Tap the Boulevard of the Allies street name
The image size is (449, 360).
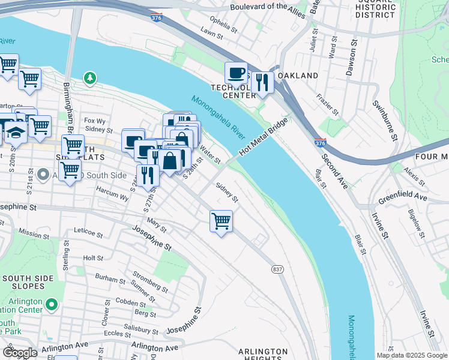[x=268, y=7]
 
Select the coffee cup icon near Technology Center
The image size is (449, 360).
[x=237, y=73]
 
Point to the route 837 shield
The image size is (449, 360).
[x=277, y=268]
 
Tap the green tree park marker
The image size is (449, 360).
[x=89, y=77]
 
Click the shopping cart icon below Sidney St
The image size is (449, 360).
[x=221, y=221]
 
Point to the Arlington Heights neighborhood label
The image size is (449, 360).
[x=263, y=355]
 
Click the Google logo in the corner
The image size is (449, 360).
[x=20, y=353]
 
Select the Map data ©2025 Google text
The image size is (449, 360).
[x=412, y=355]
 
